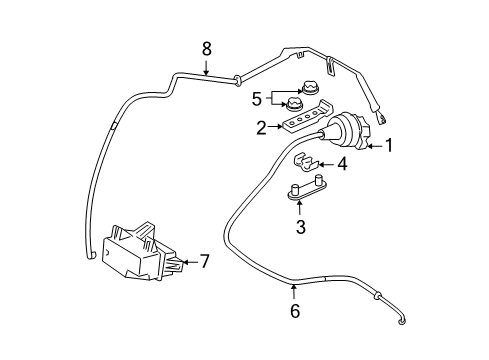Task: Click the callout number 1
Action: (x=390, y=145)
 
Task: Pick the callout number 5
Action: (x=256, y=99)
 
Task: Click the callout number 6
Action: (x=294, y=312)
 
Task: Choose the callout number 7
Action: (x=204, y=262)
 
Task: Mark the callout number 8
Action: (x=207, y=47)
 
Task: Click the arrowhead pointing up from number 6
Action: (x=294, y=287)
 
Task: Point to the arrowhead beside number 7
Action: (x=186, y=262)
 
